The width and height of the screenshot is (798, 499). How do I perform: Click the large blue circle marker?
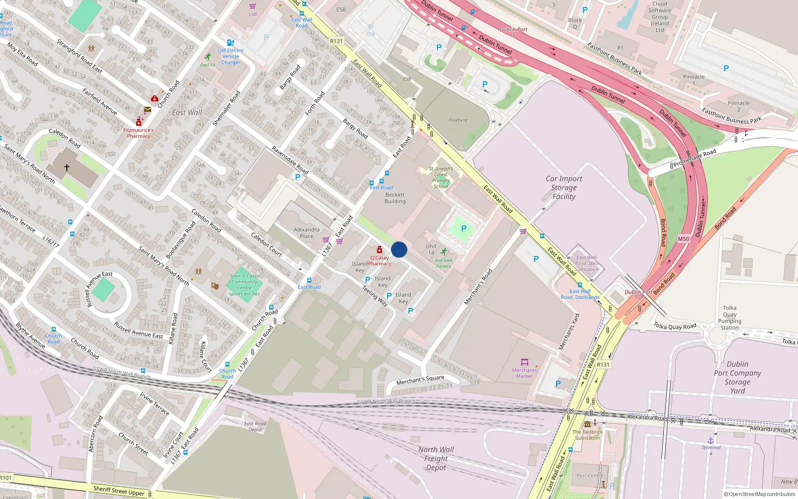[x=399, y=249]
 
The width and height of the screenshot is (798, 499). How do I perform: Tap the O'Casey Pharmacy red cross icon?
[x=380, y=249]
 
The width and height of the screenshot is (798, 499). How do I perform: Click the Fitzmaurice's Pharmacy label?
[x=138, y=133]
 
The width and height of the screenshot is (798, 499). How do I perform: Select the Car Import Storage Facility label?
[x=564, y=188]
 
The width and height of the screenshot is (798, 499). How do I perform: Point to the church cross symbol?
[x=67, y=168]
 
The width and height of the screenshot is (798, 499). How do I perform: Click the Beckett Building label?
[x=395, y=198]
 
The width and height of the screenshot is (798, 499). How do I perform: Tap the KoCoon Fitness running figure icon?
[x=443, y=252]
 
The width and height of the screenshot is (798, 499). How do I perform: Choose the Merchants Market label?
[x=524, y=373]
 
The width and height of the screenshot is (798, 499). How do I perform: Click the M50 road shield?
[x=683, y=239]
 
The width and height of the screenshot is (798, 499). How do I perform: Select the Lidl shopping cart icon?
[x=252, y=6]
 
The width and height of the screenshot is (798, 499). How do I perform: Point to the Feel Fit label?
[x=207, y=65]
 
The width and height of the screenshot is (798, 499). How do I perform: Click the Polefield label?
[x=458, y=120]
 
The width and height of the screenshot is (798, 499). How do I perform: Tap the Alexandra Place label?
[x=307, y=233]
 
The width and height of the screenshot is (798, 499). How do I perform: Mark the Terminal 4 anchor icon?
[x=711, y=441]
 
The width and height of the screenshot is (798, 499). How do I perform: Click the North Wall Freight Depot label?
[x=436, y=458]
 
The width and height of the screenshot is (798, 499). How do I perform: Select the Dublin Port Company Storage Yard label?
[x=737, y=377]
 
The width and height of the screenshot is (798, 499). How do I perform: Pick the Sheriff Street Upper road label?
[x=119, y=491]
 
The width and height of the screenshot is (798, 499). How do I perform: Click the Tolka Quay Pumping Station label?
[x=730, y=318]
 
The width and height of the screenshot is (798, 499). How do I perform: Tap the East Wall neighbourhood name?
[x=187, y=113]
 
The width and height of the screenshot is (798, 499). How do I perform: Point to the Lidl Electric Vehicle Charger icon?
[x=230, y=43]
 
